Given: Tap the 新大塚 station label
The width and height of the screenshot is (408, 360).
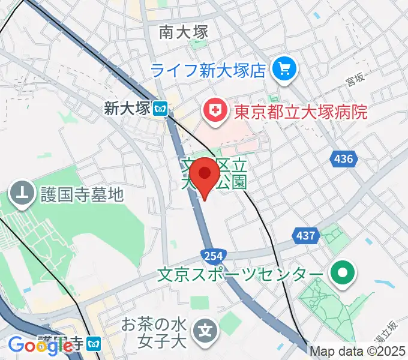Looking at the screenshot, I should pos(126,109).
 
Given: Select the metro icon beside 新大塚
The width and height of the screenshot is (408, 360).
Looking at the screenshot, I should pos(160,109).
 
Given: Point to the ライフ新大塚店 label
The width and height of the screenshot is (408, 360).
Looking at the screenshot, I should pos(208,71).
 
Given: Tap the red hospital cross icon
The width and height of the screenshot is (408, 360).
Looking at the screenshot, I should pos(214,110).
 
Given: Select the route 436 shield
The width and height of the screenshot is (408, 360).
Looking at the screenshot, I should pos(343,159).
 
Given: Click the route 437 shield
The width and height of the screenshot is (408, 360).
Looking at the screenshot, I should pos(305,235).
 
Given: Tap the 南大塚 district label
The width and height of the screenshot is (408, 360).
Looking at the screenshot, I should pos(184,32).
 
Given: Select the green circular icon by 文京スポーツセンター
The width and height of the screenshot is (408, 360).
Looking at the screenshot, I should pos(343,274).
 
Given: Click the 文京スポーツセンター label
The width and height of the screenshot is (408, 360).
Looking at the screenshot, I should pos(239,275).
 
